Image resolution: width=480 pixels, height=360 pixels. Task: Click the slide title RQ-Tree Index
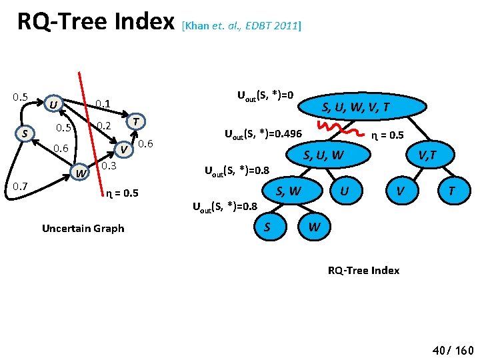click(x=96, y=23)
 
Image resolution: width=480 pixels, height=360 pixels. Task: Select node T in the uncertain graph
click(x=137, y=121)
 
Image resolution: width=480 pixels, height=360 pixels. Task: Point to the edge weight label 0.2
click(x=103, y=126)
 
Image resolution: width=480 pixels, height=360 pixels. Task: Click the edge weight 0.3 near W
click(x=109, y=165)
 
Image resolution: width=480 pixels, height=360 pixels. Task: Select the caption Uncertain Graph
click(x=83, y=228)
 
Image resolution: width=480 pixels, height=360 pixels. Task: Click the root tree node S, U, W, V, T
click(x=356, y=107)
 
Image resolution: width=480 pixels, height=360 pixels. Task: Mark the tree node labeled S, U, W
click(x=325, y=156)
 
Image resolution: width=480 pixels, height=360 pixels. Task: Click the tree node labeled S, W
click(x=288, y=191)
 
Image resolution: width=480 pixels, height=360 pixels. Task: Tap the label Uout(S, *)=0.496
click(x=262, y=133)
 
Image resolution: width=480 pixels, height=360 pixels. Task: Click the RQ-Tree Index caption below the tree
click(x=363, y=270)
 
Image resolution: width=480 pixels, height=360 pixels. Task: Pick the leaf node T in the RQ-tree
click(x=451, y=191)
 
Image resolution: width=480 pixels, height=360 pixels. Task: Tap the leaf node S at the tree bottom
click(x=267, y=227)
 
